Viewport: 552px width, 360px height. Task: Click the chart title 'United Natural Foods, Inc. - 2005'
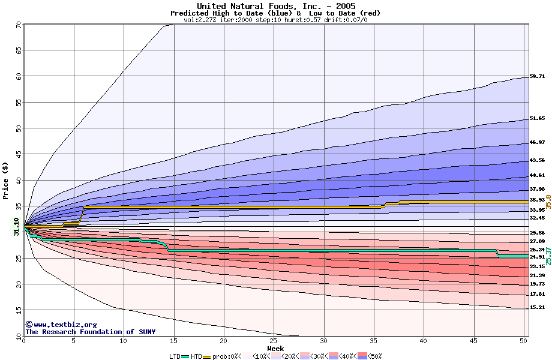point(275,6)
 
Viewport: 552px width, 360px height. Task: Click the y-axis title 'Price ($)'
point(6,180)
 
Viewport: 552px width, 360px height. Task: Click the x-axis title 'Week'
point(275,348)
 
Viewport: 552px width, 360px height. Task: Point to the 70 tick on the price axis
point(19,25)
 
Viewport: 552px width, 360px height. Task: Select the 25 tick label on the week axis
point(274,341)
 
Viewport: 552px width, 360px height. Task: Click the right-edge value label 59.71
point(537,77)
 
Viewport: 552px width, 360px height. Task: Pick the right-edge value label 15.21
point(537,308)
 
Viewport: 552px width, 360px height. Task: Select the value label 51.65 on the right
point(537,119)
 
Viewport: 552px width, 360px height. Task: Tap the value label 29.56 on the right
point(537,233)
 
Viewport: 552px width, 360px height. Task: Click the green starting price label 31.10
point(16,227)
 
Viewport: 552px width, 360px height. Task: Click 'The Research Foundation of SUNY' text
point(90,332)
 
